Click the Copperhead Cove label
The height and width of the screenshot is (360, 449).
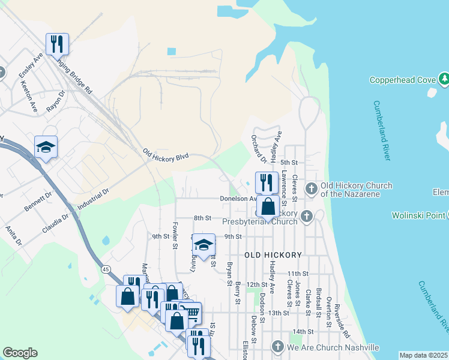[x=402, y=80]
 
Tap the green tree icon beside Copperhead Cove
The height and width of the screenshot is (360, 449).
[x=444, y=79]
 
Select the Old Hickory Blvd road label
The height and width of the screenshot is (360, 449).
[x=166, y=155]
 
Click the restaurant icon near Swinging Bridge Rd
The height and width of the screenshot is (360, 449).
[x=58, y=43]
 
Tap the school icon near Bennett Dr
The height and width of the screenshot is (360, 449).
[x=46, y=147]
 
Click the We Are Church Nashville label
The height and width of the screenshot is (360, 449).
[x=333, y=347]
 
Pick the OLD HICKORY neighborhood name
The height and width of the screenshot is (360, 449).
[x=273, y=255]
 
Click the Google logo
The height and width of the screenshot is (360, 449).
[x=20, y=353]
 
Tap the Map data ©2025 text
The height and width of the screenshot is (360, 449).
[x=423, y=355]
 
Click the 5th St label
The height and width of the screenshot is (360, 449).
[x=289, y=162]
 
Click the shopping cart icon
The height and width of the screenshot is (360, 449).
[x=190, y=313]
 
